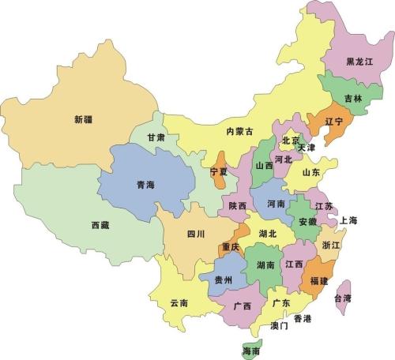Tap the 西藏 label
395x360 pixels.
(100, 225)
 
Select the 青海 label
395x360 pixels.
(145, 186)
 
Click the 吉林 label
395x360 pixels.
(354, 99)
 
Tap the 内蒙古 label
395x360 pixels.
(239, 131)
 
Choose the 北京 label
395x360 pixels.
(291, 141)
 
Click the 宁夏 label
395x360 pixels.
(219, 171)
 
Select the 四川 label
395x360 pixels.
(196, 234)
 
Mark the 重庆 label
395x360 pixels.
(231, 247)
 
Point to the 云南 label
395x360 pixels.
(179, 302)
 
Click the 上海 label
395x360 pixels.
(349, 221)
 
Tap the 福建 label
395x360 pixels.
(319, 281)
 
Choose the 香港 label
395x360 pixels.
(302, 319)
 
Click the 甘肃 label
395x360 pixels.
(156, 137)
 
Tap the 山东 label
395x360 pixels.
(311, 173)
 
